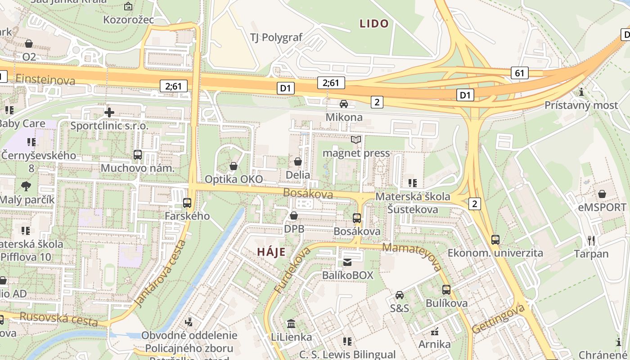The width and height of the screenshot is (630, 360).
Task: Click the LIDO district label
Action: click(x=374, y=24)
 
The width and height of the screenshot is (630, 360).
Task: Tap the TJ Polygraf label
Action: click(x=277, y=37)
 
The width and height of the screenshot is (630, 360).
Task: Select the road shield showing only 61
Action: click(x=519, y=73)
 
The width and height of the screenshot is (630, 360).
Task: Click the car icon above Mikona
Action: click(x=344, y=104)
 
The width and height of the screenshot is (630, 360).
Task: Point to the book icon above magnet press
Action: click(x=356, y=139)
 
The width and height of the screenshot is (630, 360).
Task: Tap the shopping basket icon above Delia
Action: click(x=298, y=161)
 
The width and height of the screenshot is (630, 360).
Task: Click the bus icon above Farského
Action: click(x=187, y=203)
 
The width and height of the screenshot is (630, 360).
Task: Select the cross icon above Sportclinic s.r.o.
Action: click(x=109, y=112)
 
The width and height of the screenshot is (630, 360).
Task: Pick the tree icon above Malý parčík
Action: click(x=26, y=186)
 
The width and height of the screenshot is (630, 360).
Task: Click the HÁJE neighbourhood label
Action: click(x=271, y=252)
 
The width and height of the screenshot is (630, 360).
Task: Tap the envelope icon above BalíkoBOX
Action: click(x=347, y=262)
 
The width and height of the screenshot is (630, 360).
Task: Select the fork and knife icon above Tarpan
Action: click(x=591, y=241)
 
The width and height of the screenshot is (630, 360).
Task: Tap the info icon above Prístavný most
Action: click(x=581, y=92)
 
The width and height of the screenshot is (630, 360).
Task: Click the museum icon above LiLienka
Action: click(x=291, y=324)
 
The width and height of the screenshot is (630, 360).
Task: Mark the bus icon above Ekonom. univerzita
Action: click(x=495, y=240)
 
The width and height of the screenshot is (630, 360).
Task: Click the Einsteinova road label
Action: click(x=45, y=80)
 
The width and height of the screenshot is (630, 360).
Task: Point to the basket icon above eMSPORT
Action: click(x=602, y=194)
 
